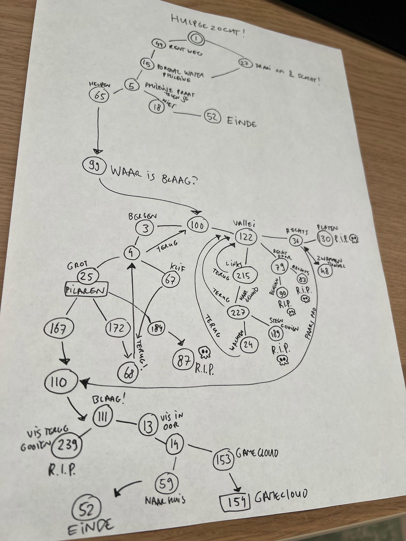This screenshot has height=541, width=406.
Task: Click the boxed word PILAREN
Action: coord(86,291)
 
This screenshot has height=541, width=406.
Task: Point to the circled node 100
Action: coord(197,226)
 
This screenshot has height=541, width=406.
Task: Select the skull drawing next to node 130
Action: coord(354,240)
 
